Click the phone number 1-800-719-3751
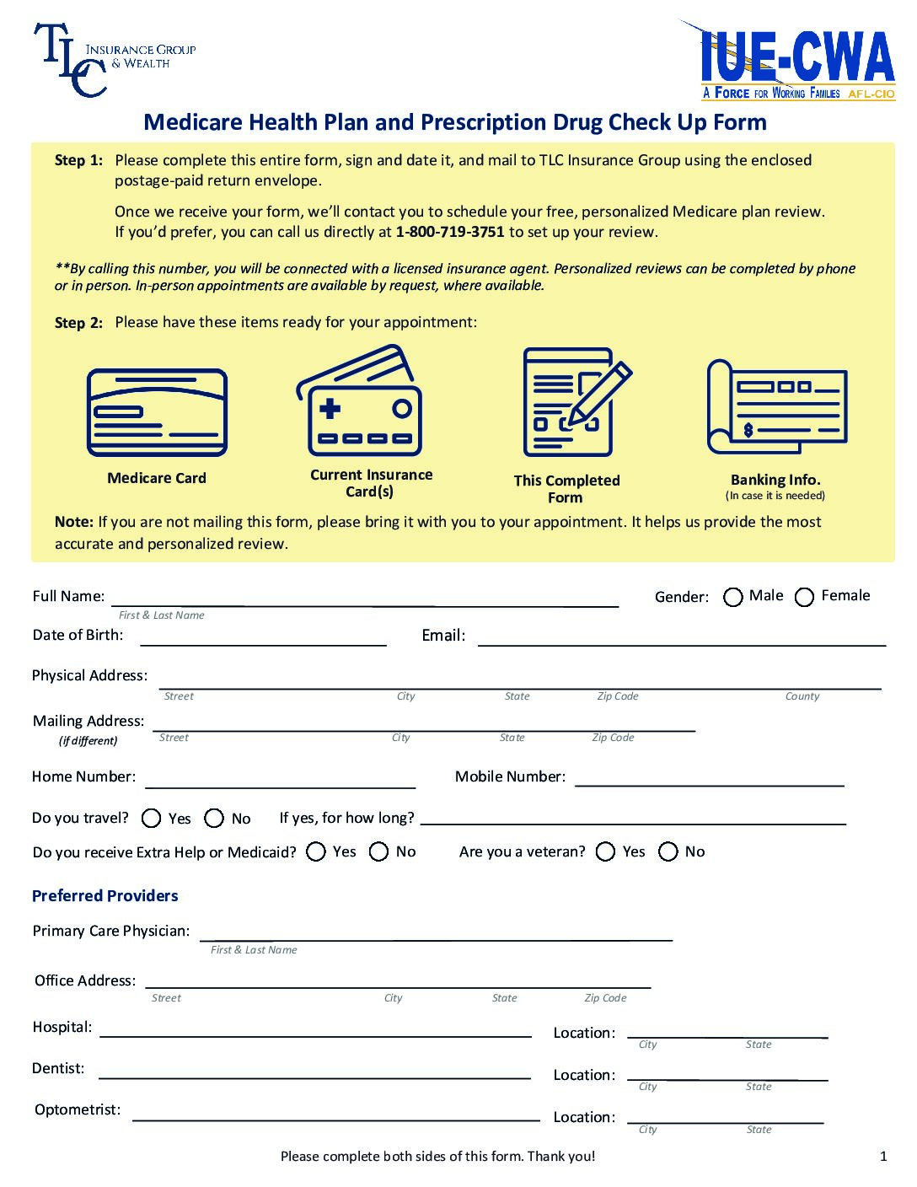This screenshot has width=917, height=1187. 449,232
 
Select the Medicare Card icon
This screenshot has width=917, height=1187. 157,413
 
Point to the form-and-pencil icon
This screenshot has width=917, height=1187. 574,402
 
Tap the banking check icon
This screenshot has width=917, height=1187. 776,406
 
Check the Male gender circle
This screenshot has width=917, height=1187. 733,598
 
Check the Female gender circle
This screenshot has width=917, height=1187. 805,598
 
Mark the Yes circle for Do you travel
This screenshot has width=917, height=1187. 152,819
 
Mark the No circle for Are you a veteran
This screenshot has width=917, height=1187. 668,852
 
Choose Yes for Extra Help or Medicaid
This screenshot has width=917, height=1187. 316,852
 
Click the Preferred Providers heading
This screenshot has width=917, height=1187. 105,896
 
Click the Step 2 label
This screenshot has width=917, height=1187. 78,323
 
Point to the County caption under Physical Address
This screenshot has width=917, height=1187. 802,696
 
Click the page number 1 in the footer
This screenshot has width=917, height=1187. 883,1157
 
